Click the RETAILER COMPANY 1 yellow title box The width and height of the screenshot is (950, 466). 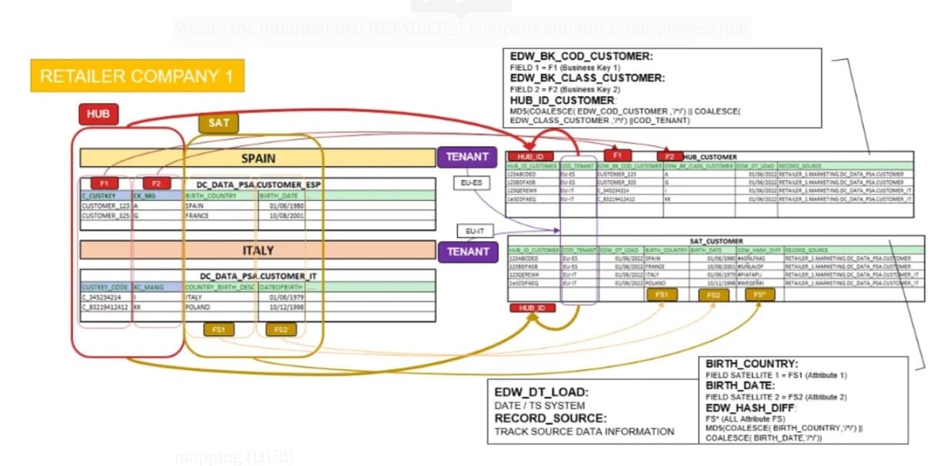pos(137,76)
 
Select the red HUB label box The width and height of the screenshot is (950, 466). pos(98,115)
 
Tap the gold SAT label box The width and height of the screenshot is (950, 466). pos(218,122)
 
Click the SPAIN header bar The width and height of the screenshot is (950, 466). pos(257,158)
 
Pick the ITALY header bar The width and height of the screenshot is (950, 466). pos(257,251)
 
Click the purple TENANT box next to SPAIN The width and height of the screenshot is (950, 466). pos(467,157)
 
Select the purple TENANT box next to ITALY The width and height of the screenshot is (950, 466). pos(467,251)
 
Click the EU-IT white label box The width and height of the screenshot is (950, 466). pos(475,230)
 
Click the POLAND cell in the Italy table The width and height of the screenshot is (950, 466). pos(198,306)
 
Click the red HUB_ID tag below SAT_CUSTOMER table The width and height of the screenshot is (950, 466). pos(533,308)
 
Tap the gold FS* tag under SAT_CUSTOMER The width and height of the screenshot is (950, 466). pos(759,295)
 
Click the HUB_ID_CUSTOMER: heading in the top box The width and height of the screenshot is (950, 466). pos(563,100)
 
